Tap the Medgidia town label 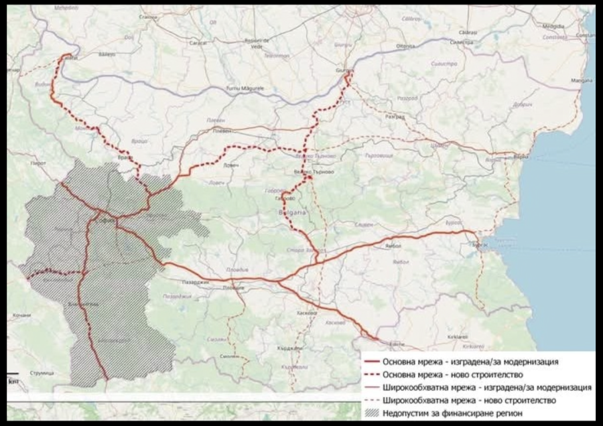553,27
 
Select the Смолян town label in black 230,356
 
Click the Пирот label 38,163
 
